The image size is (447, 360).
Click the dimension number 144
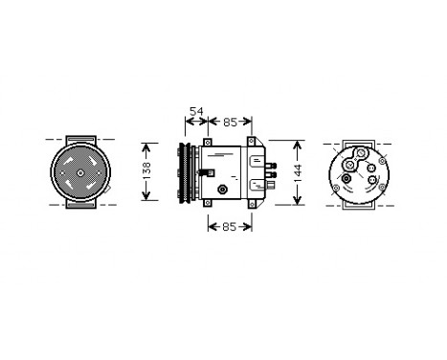(298, 172)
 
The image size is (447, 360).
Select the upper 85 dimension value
(231, 122)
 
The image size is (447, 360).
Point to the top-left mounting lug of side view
(208, 144)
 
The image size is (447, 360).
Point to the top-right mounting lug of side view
(252, 143)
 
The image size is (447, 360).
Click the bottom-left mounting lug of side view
(208, 202)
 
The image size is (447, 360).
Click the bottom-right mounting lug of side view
(252, 203)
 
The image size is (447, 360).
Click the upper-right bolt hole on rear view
(382, 162)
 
